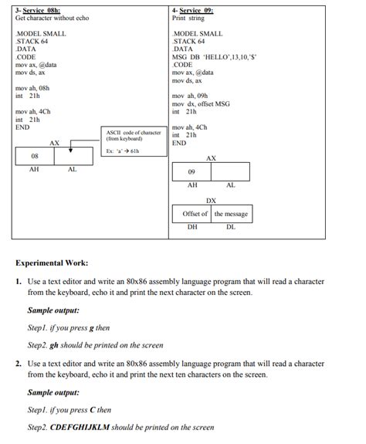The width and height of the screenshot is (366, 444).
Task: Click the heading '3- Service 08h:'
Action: [x=38, y=10]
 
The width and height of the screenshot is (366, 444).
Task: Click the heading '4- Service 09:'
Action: [x=193, y=10]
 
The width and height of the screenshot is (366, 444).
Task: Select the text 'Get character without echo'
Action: [x=52, y=18]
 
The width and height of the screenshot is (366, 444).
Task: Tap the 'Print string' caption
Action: [x=189, y=18]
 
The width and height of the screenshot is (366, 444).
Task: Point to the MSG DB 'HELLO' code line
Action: [x=225, y=57]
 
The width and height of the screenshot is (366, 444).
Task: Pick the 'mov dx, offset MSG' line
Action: [x=201, y=103]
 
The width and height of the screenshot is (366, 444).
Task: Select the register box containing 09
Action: [x=192, y=172]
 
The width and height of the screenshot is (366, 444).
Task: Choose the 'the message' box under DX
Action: [x=231, y=213]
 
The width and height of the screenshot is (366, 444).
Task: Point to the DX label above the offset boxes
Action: [x=211, y=201]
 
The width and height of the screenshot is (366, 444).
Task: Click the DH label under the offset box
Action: [x=192, y=227]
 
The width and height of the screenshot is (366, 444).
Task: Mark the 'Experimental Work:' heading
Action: [x=52, y=263]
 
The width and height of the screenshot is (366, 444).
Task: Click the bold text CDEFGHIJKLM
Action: [x=80, y=428]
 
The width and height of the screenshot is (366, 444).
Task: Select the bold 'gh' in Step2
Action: [x=55, y=345]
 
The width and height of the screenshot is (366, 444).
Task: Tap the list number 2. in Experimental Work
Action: [x=19, y=362]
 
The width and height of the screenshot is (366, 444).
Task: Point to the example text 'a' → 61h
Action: [x=124, y=151]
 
